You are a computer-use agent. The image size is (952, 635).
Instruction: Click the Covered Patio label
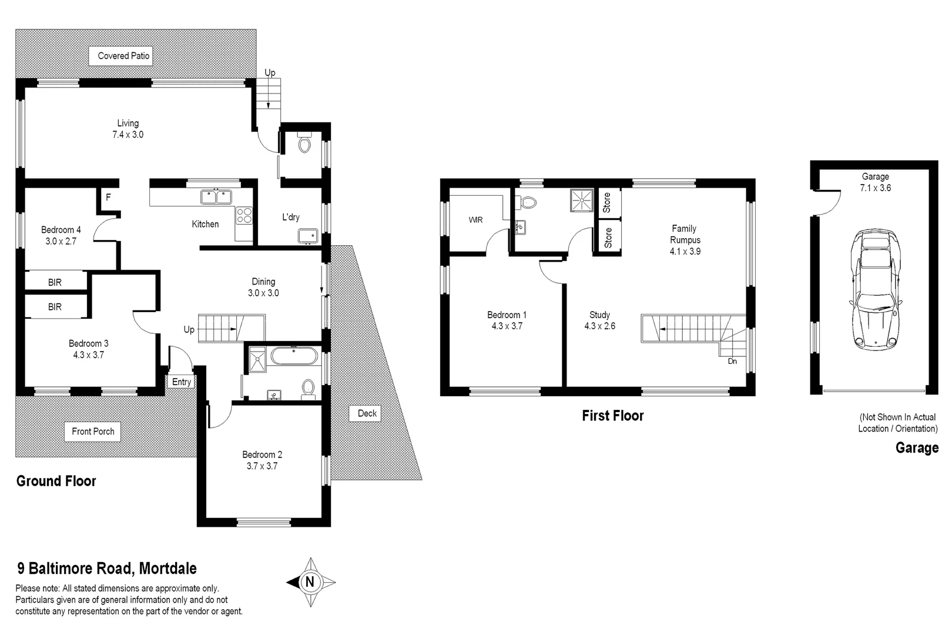[123, 56]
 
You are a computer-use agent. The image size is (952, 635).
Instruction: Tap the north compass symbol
[310, 582]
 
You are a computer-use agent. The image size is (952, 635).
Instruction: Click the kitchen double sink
[216, 197]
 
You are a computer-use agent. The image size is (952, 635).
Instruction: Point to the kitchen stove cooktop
[244, 215]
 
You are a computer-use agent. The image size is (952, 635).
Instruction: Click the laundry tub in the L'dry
[308, 236]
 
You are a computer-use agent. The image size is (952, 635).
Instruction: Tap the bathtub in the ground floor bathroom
[294, 357]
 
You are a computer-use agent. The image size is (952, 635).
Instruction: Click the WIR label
[475, 220]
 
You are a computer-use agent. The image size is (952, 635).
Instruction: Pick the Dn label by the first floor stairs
[732, 361]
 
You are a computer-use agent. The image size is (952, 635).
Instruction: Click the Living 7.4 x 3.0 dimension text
[128, 135]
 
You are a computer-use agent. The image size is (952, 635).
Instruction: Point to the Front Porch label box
[93, 432]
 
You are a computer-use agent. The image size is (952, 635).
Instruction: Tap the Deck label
[367, 413]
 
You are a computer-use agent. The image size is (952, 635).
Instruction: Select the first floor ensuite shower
[582, 200]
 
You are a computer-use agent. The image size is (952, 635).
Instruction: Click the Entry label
[182, 382]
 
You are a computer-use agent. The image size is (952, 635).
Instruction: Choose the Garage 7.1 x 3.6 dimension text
[875, 188]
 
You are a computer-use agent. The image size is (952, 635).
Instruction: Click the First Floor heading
[612, 416]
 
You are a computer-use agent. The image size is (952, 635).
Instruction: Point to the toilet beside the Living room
[304, 143]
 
